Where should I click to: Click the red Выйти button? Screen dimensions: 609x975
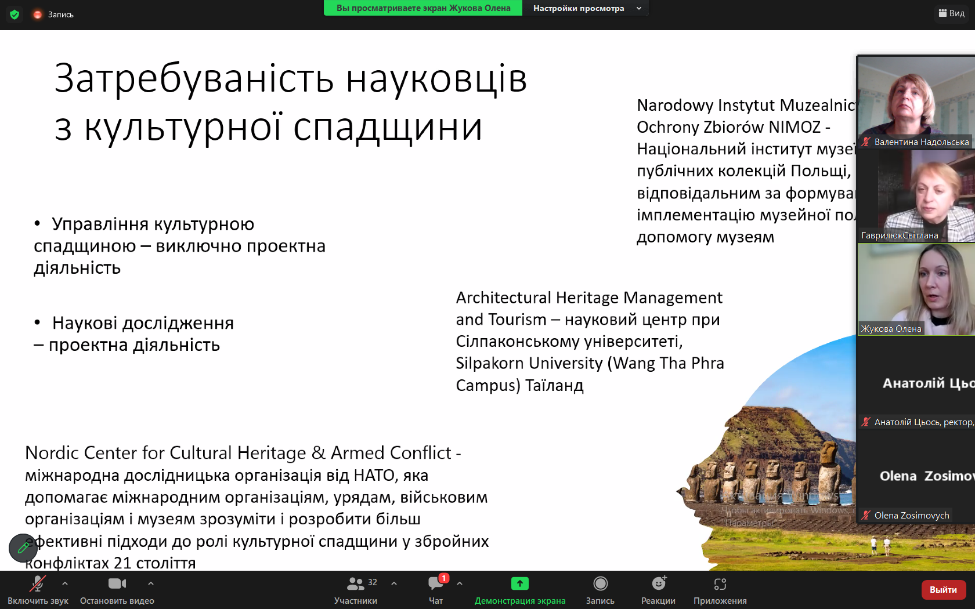click(943, 589)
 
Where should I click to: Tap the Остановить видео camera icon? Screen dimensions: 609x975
click(117, 583)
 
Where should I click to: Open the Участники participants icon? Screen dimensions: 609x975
click(355, 583)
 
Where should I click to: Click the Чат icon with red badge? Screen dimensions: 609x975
click(436, 583)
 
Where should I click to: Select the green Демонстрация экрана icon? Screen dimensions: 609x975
click(519, 583)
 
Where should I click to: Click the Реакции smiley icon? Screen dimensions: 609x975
click(658, 583)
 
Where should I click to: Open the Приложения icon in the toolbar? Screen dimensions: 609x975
click(720, 583)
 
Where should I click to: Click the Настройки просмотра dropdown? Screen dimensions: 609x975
click(586, 8)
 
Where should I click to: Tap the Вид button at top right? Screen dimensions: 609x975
click(952, 13)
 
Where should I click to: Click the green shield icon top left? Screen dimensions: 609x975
click(15, 14)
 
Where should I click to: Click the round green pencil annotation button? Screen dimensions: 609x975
click(23, 548)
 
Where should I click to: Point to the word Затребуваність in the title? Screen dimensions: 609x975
click(194, 79)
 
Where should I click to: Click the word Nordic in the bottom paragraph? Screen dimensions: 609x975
click(52, 453)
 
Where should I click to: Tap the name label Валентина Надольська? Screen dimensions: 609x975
click(921, 142)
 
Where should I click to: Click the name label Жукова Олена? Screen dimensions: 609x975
click(891, 329)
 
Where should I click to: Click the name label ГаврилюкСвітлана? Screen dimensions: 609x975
click(899, 235)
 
